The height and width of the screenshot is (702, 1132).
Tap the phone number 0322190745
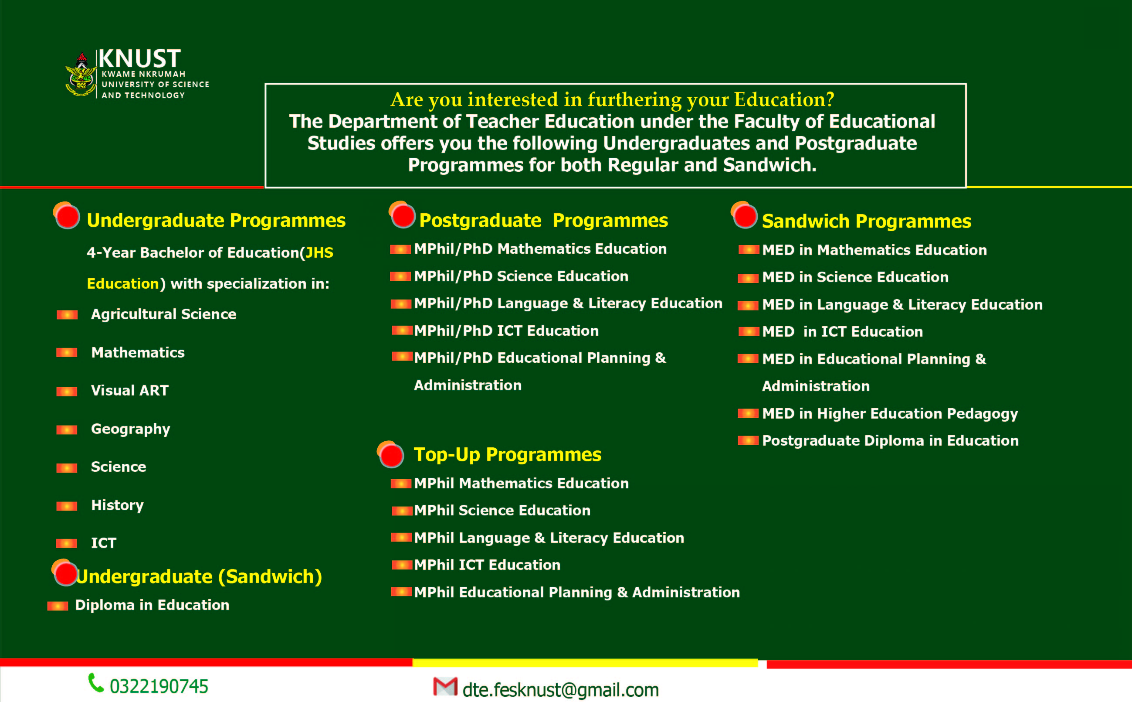tap(159, 686)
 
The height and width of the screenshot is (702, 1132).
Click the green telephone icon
tap(95, 682)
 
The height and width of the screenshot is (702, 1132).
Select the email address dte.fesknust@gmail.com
tap(560, 690)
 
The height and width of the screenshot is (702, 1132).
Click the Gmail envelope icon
tap(445, 687)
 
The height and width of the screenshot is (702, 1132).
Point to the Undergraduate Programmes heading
tap(216, 221)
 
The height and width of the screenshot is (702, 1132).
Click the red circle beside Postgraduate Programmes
tap(402, 215)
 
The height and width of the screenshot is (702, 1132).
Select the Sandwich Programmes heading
tap(866, 222)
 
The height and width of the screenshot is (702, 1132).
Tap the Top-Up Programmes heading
tap(507, 454)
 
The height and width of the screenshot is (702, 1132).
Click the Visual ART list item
tap(129, 391)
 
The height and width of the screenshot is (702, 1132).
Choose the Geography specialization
tap(130, 429)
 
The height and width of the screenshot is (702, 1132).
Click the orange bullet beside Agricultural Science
tap(67, 315)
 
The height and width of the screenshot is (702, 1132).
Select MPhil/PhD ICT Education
tap(506, 331)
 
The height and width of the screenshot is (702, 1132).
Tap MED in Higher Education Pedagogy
tap(889, 413)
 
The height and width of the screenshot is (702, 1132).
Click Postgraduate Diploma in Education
tap(890, 440)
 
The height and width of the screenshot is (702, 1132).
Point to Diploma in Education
tap(152, 605)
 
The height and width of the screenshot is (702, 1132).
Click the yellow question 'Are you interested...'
tap(612, 99)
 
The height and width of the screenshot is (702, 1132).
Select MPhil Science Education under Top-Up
tap(502, 510)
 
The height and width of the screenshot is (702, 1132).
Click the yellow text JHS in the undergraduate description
tap(319, 252)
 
